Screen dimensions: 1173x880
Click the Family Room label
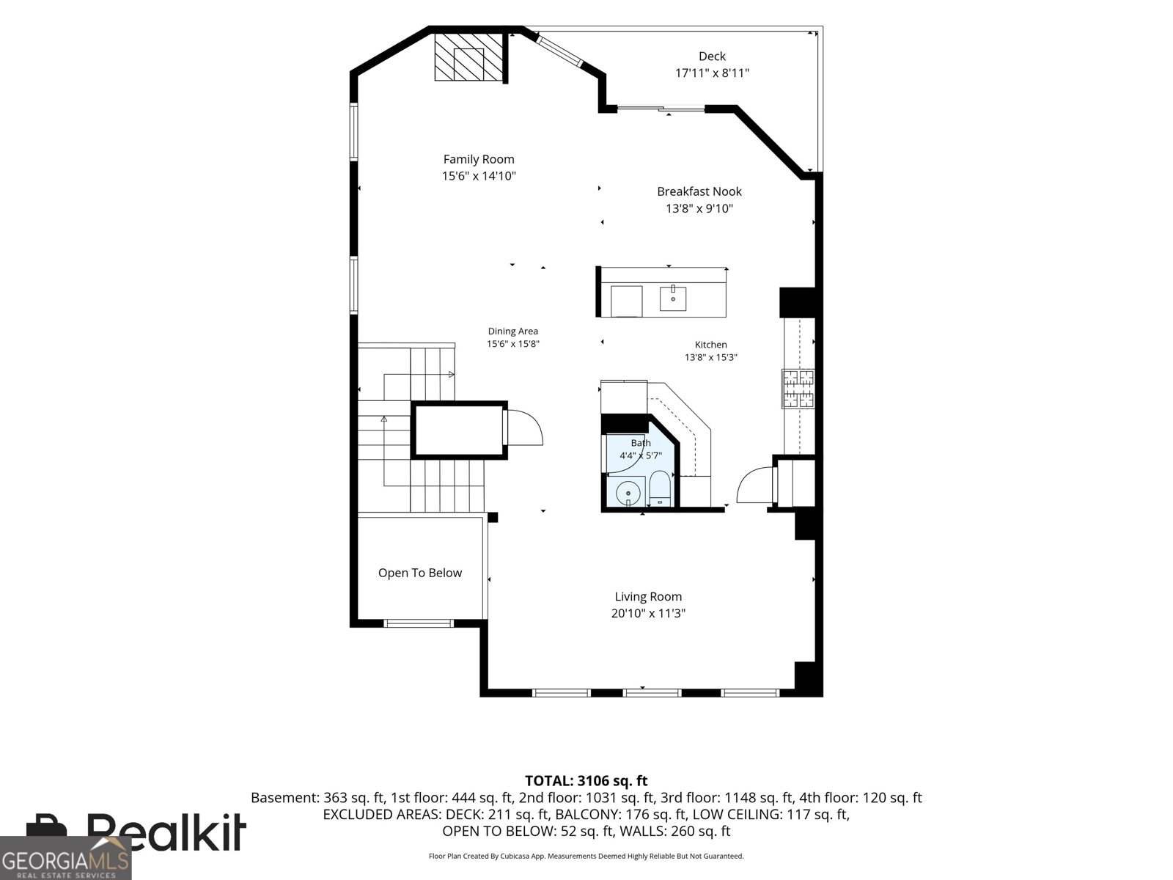click(478, 159)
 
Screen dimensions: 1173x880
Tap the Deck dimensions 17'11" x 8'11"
click(712, 73)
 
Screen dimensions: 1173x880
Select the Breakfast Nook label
click(699, 191)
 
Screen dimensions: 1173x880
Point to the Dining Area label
click(512, 331)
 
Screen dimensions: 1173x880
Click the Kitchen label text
click(710, 345)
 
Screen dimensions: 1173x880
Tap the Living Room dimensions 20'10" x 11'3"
click(647, 613)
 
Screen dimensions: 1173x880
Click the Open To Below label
click(419, 573)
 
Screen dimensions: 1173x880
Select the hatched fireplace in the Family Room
click(468, 57)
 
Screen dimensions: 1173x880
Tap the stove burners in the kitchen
click(798, 389)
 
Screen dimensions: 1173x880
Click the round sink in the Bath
click(628, 494)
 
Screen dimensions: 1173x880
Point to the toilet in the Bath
click(660, 489)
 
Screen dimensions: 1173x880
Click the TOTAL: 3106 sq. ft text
click(586, 780)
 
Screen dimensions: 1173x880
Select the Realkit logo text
click(166, 832)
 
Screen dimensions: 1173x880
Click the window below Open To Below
click(419, 623)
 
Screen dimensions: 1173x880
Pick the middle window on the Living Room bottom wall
click(652, 693)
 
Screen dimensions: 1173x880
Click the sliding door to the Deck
click(661, 109)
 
